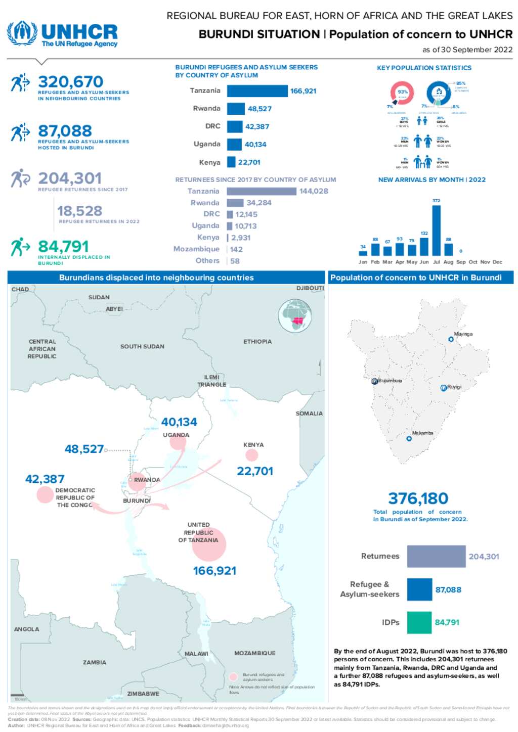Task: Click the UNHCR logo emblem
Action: coord(22,33)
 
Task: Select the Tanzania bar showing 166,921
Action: coord(257,91)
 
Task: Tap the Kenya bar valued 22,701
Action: coord(231,162)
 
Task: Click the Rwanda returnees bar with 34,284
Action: coord(235,203)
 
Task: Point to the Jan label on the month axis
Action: coord(363,262)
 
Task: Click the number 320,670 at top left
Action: coord(70,81)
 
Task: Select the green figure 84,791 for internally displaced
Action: coord(63,246)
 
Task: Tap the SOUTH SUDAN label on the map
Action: coord(142,346)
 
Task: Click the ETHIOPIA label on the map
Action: coord(257,342)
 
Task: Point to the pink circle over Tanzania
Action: coord(209,544)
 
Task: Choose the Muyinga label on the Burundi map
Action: coord(463,334)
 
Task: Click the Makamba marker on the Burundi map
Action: coord(409,439)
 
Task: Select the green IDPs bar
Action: coord(419,622)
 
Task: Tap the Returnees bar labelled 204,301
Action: coord(436,556)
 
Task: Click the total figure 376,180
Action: coord(418,498)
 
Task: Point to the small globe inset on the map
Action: coord(295,316)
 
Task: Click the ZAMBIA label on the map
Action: coord(95,662)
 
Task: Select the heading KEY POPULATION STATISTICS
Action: coord(424,68)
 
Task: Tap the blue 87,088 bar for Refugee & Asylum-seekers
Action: coord(419,589)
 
